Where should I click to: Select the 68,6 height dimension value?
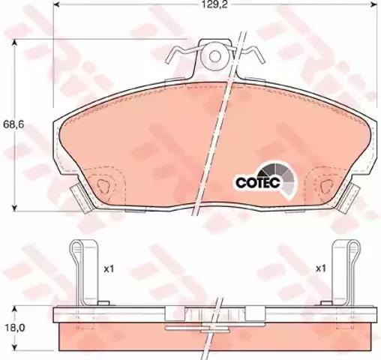[13, 124]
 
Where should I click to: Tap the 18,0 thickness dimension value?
[14, 328]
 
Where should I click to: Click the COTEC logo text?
[258, 183]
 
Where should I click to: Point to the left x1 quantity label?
[109, 269]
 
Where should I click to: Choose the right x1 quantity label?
[321, 269]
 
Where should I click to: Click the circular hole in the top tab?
[215, 56]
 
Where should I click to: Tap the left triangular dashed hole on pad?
[103, 185]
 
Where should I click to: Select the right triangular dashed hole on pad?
[326, 186]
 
